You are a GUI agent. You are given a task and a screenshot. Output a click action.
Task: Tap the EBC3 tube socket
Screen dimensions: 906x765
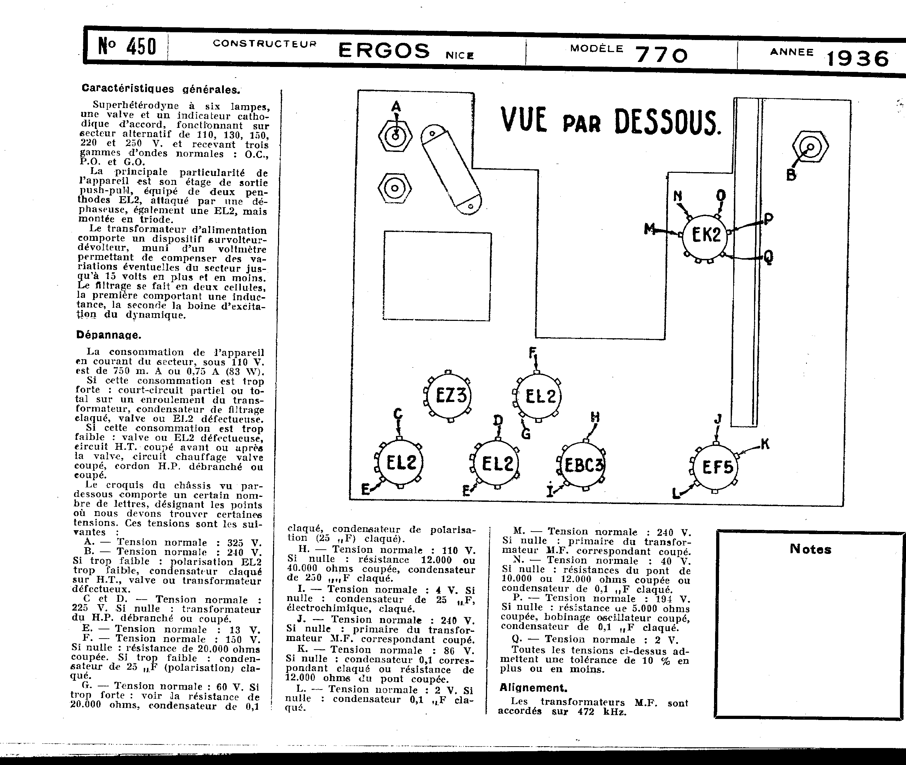(x=583, y=466)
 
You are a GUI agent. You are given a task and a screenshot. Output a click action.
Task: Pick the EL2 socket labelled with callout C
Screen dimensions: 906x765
(x=400, y=463)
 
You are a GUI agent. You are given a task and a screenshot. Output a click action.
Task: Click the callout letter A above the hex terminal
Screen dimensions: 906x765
(x=396, y=106)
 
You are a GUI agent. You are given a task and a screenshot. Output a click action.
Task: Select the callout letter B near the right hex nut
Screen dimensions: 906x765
(x=791, y=175)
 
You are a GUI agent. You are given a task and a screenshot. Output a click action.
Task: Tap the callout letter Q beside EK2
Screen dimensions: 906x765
(x=768, y=257)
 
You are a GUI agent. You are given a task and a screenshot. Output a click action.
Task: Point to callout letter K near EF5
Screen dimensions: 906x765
(x=765, y=444)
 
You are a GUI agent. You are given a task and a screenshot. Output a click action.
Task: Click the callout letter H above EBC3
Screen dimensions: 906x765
(x=595, y=417)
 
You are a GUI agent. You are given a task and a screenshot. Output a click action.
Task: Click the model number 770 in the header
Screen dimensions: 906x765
(x=661, y=56)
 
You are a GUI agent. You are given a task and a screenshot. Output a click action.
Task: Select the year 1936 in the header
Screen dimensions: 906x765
(x=858, y=58)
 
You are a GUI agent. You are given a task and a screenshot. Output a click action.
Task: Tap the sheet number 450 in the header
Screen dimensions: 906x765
(x=141, y=46)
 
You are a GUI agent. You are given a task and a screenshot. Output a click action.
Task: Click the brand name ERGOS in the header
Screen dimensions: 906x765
(x=384, y=50)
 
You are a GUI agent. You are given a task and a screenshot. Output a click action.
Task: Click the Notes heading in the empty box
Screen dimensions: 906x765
(x=810, y=549)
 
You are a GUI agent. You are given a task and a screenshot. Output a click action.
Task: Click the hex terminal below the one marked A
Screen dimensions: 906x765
(x=395, y=188)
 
